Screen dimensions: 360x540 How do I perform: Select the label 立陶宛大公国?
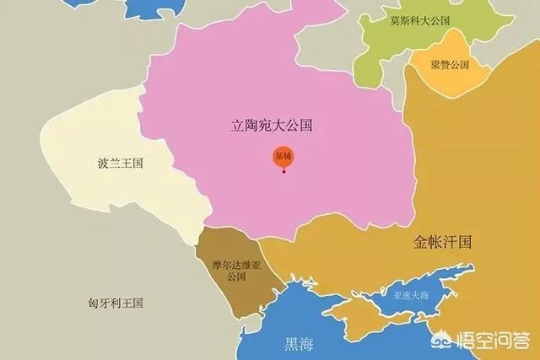point(272,126)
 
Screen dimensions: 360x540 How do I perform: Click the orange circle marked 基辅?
point(283,158)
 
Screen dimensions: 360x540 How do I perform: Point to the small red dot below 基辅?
point(284,172)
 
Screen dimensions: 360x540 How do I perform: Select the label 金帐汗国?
point(441,242)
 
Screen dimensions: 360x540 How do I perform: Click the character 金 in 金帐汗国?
point(421,242)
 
